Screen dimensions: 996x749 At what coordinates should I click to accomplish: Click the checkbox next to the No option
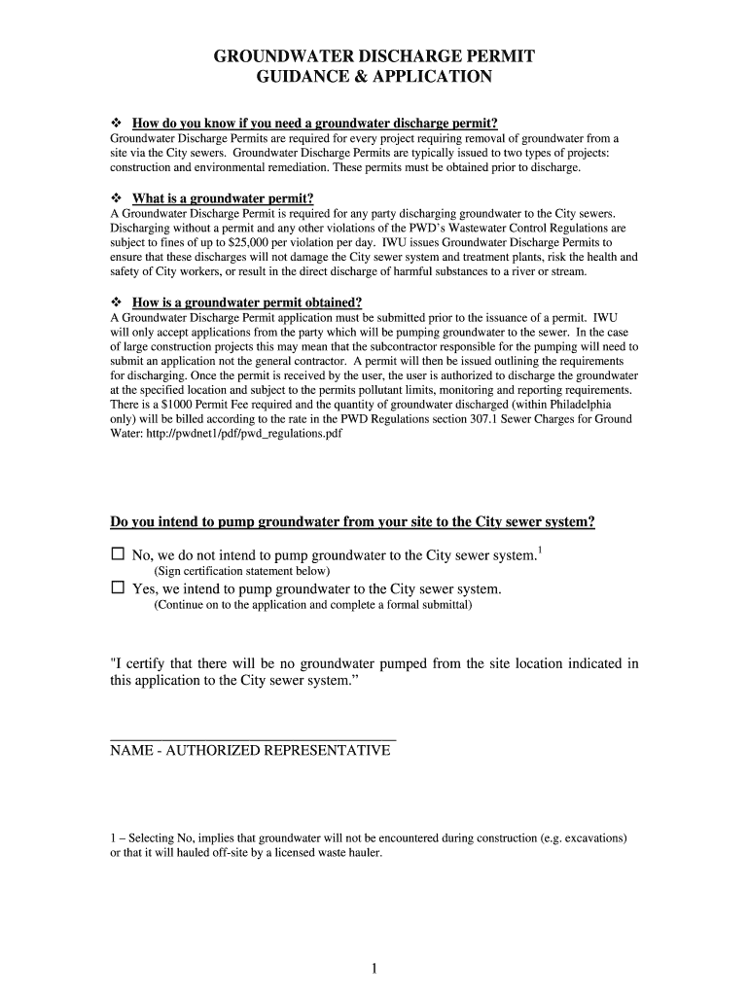pyautogui.click(x=119, y=554)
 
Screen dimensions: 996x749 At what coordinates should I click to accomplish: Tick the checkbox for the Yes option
pyautogui.click(x=119, y=588)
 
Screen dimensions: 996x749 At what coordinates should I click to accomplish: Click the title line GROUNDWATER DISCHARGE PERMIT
pyautogui.click(x=374, y=56)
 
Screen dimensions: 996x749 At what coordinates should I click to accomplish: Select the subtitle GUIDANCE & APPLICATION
pyautogui.click(x=374, y=77)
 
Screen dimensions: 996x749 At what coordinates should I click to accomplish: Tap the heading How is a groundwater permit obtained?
pyautogui.click(x=247, y=302)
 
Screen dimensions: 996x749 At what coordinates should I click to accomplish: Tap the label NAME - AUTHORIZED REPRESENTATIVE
pyautogui.click(x=250, y=751)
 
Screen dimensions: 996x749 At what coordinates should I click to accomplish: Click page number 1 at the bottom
pyautogui.click(x=374, y=969)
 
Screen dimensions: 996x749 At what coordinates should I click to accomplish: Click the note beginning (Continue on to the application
pyautogui.click(x=313, y=605)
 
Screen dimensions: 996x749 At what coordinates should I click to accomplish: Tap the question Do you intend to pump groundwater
pyautogui.click(x=352, y=522)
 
